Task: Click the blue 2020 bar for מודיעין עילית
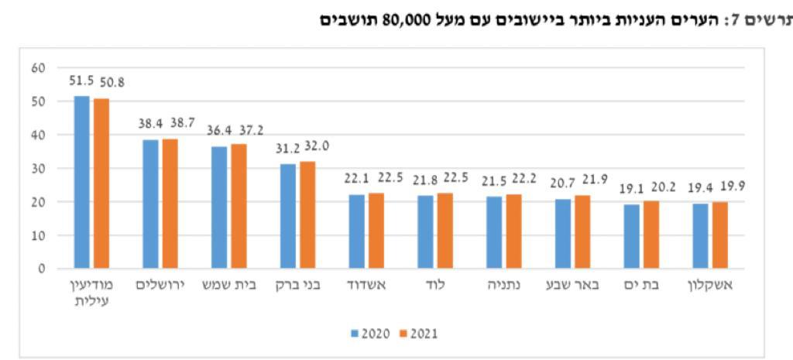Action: coord(81,182)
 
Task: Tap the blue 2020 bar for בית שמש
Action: coord(219,207)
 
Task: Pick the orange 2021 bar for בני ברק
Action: coord(307,214)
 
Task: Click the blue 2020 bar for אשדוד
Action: coord(356,231)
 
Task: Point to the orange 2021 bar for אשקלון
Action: coord(720,235)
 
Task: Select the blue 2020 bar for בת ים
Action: coord(632,236)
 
